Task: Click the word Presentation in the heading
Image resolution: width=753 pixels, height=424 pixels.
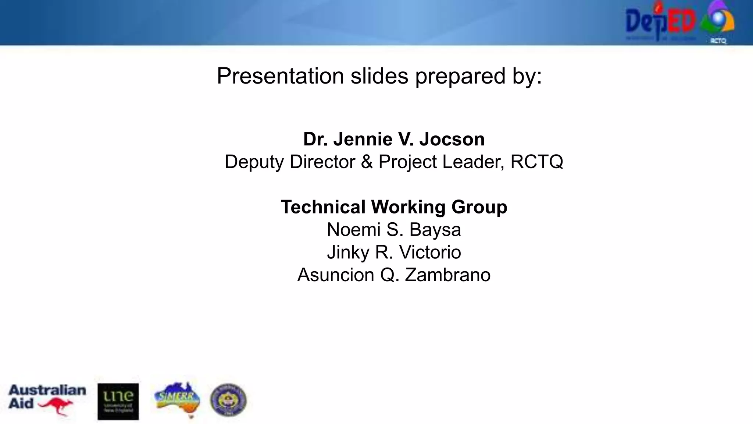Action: click(x=280, y=76)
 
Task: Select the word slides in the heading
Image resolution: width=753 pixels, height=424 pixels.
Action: click(x=379, y=76)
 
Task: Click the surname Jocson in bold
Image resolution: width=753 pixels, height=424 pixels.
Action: click(x=452, y=139)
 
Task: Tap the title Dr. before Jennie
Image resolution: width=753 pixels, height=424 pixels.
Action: click(x=315, y=139)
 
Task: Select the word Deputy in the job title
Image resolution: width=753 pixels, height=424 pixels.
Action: click(x=254, y=162)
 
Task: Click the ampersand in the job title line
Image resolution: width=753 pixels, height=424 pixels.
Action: click(x=367, y=162)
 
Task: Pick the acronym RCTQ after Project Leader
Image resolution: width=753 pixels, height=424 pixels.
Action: click(x=536, y=162)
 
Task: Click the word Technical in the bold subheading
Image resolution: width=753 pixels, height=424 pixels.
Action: click(x=323, y=207)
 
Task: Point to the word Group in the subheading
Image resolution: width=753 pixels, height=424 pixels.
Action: click(x=479, y=207)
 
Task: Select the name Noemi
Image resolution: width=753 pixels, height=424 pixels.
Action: click(x=353, y=230)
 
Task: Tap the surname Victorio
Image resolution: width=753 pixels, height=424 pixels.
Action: click(x=430, y=252)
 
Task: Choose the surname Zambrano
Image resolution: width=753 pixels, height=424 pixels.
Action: click(x=447, y=275)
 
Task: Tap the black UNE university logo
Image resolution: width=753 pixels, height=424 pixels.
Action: click(x=118, y=402)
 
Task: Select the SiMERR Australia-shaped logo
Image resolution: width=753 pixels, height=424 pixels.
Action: click(x=177, y=399)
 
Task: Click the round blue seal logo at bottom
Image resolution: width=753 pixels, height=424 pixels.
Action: click(x=228, y=400)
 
